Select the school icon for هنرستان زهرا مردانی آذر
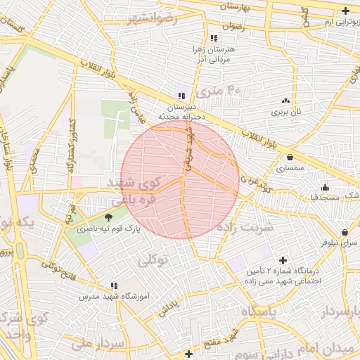pos(213,38)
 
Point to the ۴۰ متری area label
pos(219,90)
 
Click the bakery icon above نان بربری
pos(286,101)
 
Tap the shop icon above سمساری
pos(290,157)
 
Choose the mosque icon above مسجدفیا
pos(325,187)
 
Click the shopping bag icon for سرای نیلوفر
pos(345,232)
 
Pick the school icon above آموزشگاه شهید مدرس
pos(113,285)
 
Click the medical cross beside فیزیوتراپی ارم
pos(345,11)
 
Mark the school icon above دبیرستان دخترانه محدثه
pos(182,96)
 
